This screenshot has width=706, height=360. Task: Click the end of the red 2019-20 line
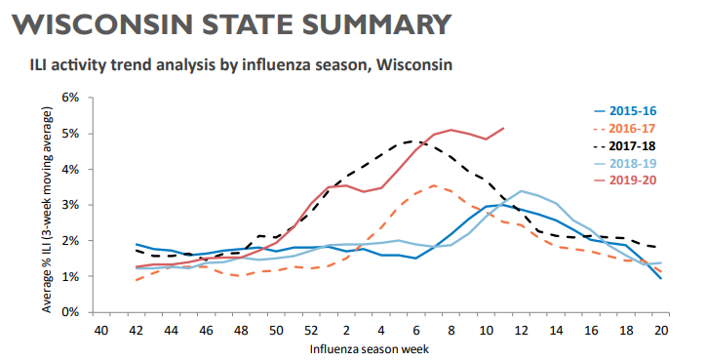(504, 128)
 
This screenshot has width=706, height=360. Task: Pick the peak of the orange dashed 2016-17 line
(434, 185)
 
